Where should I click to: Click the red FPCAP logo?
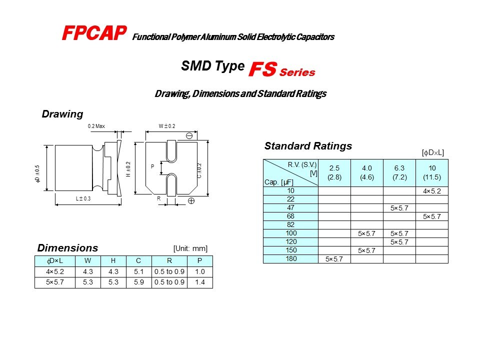click(x=94, y=33)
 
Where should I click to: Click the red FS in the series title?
click(x=263, y=69)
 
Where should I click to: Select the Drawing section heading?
click(x=62, y=114)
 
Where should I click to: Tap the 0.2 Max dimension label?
click(x=96, y=126)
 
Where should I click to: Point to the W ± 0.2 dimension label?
click(x=167, y=126)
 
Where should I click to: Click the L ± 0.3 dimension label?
click(x=83, y=198)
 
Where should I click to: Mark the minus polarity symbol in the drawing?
click(x=189, y=135)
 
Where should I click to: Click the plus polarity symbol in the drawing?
click(x=191, y=201)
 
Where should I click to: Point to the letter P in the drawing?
click(x=152, y=166)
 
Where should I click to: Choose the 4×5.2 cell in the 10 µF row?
click(x=432, y=191)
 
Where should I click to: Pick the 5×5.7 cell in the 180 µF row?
click(x=334, y=259)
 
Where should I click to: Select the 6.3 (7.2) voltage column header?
click(x=399, y=172)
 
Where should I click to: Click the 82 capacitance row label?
click(x=290, y=224)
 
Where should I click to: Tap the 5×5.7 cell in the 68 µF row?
click(x=432, y=216)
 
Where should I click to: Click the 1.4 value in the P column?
click(x=200, y=282)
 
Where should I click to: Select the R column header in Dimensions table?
click(x=169, y=261)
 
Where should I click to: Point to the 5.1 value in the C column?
click(x=138, y=271)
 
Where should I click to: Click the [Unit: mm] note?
click(x=190, y=248)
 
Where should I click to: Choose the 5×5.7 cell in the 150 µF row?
click(x=366, y=250)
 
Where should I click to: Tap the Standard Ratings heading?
click(x=308, y=146)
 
